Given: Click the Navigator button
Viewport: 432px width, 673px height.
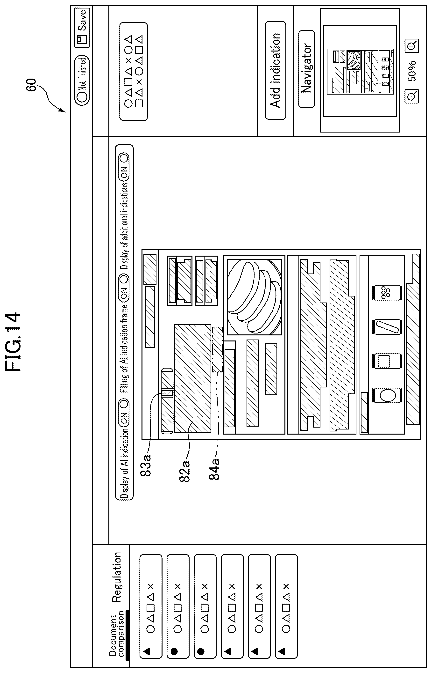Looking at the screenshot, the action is (306, 69).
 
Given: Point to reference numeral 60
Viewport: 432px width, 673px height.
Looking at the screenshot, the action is (31, 85).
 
